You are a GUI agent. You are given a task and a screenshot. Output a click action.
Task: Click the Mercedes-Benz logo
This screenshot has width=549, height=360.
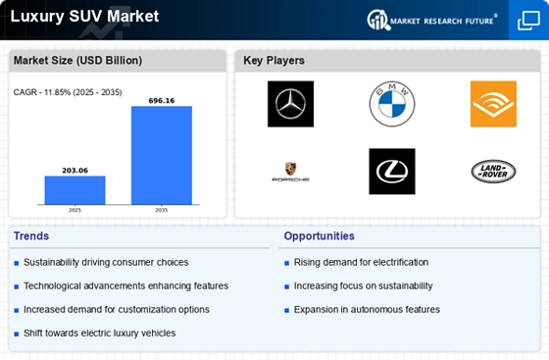[x=291, y=103]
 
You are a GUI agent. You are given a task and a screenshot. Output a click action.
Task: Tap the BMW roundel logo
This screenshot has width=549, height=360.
[x=392, y=103]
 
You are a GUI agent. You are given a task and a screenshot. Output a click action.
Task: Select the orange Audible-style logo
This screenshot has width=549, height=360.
[x=493, y=103]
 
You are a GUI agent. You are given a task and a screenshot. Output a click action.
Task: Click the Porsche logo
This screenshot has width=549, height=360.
[x=291, y=172]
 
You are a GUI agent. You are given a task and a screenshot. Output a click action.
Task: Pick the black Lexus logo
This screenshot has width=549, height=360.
[x=392, y=172]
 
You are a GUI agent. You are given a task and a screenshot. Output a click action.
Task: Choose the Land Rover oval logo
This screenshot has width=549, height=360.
[x=493, y=172]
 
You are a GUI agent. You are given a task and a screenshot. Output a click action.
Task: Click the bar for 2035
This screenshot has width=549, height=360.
[x=162, y=155]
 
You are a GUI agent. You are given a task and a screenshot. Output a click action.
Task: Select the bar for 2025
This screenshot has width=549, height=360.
[x=75, y=190]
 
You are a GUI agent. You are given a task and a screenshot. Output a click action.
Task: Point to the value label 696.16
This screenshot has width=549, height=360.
[x=162, y=100]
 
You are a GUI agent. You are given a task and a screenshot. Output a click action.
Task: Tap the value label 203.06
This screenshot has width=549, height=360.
[x=75, y=170]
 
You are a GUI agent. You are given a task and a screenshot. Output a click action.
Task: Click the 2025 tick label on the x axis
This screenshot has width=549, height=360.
[x=75, y=210]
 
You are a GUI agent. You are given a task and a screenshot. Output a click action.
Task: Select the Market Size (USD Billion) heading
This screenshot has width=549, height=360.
[x=77, y=61]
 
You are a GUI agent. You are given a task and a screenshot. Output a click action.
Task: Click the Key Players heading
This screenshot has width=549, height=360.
[x=275, y=61]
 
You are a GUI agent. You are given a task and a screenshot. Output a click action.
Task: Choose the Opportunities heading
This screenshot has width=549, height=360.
[x=320, y=236]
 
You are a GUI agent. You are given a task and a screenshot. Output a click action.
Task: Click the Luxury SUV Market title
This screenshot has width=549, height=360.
[x=81, y=17]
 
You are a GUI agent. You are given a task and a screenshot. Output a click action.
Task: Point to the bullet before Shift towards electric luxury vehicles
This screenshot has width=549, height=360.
[x=17, y=334]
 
